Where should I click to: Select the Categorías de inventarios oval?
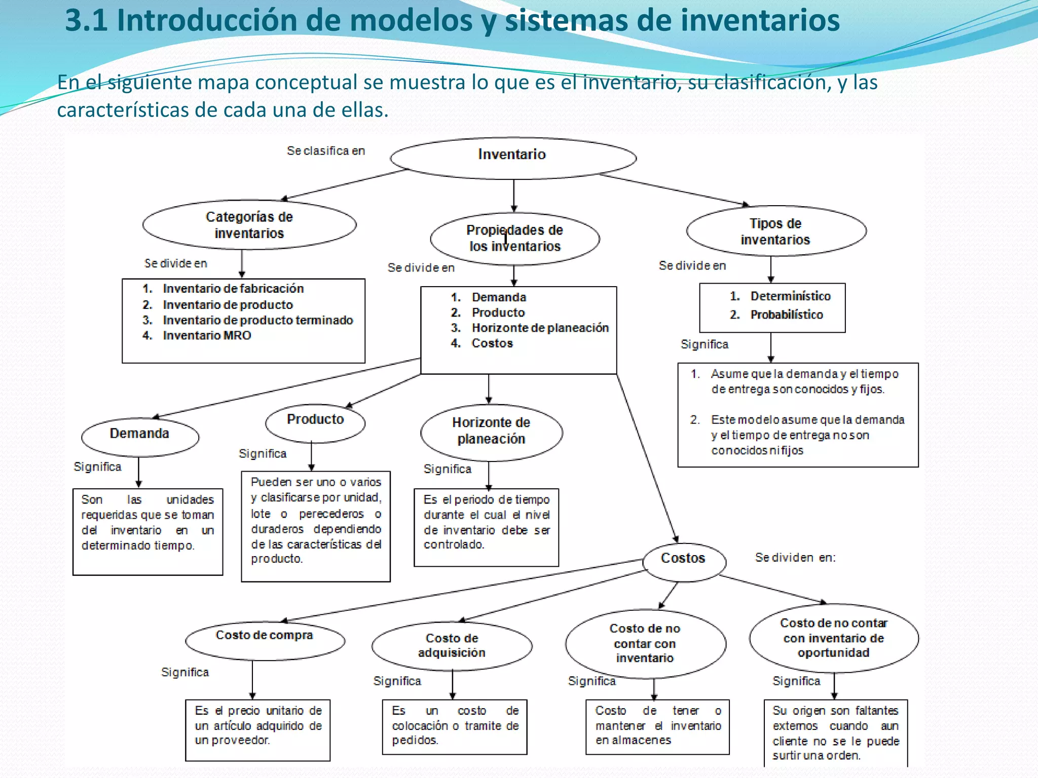pyautogui.click(x=249, y=225)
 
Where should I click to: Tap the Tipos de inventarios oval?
pyautogui.click(x=775, y=231)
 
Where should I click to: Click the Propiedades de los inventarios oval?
pyautogui.click(x=514, y=239)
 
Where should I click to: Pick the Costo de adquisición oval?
pyautogui.click(x=452, y=646)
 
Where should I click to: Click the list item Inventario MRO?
pyautogui.click(x=207, y=336)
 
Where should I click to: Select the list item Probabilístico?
pyautogui.click(x=787, y=315)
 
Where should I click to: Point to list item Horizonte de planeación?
pyautogui.click(x=540, y=328)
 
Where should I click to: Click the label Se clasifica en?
pyautogui.click(x=326, y=151)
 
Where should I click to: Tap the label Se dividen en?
pyautogui.click(x=795, y=558)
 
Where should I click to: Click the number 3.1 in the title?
pyautogui.click(x=87, y=21)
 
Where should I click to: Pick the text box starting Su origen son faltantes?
pyautogui.click(x=835, y=732)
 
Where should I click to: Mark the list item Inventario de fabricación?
pyautogui.click(x=233, y=289)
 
